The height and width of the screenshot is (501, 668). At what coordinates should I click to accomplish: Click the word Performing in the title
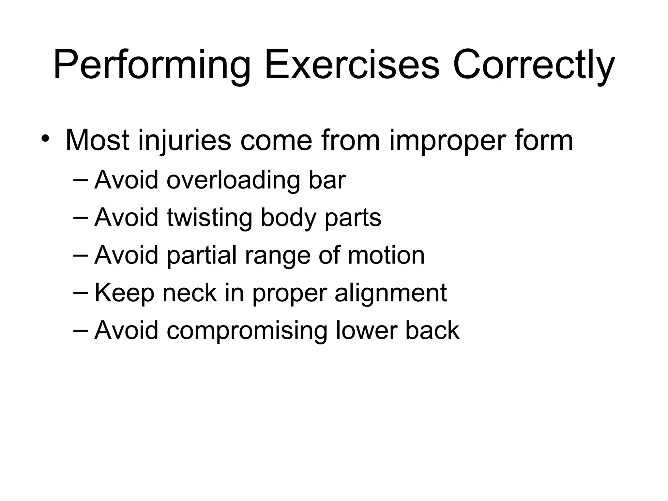coord(151,65)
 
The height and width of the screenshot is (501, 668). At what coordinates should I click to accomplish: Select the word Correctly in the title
coord(534,65)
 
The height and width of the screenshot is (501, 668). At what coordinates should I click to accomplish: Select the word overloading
coord(234,180)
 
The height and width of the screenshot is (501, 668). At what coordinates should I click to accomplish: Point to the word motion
coord(386,255)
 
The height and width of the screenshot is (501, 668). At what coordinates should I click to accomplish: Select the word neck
coord(190,293)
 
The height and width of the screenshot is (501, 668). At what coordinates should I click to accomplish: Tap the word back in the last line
coord(432,330)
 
